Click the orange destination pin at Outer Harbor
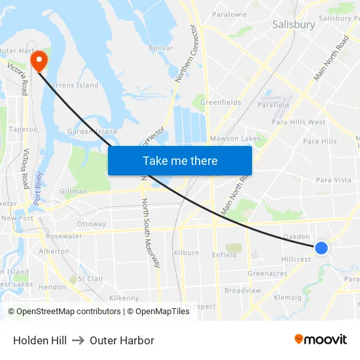39,61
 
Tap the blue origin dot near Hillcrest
321,247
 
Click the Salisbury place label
293,24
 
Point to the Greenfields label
221,102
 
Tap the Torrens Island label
74,85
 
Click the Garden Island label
92,132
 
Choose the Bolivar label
160,48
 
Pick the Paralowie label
229,14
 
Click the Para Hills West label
298,122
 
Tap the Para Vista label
333,179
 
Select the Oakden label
296,236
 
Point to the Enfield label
224,255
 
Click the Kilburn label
186,253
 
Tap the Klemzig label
288,297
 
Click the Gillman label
73,192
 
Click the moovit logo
321,340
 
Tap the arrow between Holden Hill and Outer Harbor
78,340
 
